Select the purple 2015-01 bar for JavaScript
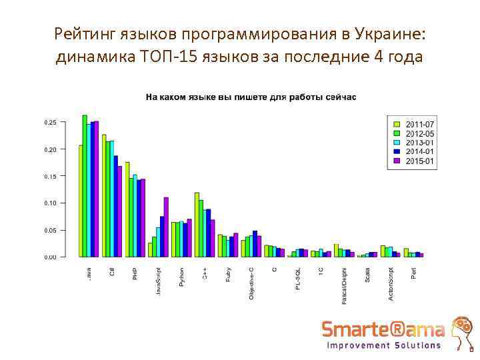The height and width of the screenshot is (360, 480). click(166, 227)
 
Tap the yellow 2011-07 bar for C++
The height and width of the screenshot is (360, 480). click(197, 224)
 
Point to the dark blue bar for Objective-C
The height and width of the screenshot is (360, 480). click(255, 243)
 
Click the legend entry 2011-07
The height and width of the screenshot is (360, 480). click(413, 124)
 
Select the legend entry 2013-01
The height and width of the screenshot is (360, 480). click(413, 143)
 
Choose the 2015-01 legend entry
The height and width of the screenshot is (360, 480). click(413, 161)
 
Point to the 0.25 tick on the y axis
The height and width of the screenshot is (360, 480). click(50, 123)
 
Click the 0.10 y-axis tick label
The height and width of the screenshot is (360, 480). click(50, 203)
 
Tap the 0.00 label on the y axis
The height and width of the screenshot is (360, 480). click(50, 257)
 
